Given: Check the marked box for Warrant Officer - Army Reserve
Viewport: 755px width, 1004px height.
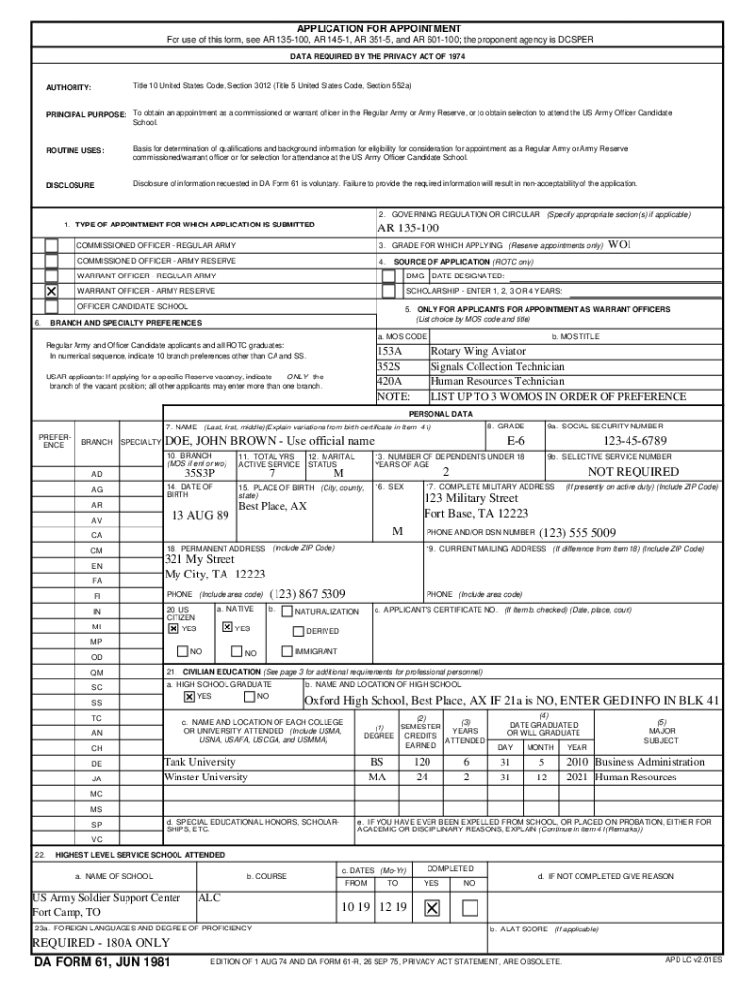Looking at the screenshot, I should point(51,291).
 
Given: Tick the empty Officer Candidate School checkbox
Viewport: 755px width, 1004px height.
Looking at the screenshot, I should point(51,307).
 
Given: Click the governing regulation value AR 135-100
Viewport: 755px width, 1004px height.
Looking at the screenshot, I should point(409,228).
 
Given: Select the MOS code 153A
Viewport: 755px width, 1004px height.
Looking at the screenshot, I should point(390,351).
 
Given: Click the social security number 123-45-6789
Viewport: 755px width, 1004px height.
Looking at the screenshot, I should point(634,442).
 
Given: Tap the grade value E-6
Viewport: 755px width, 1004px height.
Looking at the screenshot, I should point(516,442).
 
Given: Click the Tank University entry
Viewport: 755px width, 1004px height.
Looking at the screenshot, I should point(200,762).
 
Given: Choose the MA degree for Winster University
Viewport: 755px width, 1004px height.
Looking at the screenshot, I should point(377,778).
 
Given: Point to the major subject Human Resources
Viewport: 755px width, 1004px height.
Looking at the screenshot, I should point(635,778).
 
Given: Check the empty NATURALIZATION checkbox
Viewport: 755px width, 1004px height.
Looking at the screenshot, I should point(287,612).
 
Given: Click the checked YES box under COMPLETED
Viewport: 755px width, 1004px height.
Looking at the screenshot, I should point(431,908).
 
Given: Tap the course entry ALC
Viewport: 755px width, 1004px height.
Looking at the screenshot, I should point(210,897).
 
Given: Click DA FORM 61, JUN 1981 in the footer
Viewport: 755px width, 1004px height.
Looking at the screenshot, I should point(102,962).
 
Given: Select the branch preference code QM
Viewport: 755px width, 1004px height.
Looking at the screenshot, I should point(97,673).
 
